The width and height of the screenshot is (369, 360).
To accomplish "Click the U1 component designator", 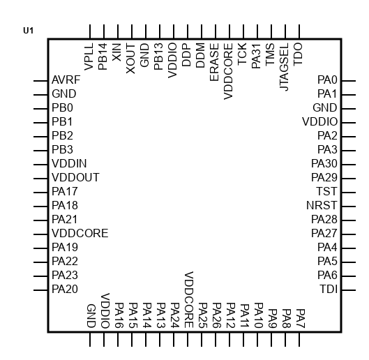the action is (28, 31).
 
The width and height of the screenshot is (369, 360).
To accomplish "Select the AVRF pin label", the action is (66, 80).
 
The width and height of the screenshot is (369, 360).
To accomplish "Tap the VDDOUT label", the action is (75, 177).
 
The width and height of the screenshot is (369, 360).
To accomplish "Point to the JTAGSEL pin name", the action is (285, 67).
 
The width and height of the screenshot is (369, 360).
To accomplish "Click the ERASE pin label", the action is (214, 62).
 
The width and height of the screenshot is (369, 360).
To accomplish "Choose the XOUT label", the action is (130, 59).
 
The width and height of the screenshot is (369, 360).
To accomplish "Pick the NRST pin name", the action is (322, 206).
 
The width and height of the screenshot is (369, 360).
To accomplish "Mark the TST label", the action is (326, 191).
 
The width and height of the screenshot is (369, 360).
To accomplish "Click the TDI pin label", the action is (329, 289).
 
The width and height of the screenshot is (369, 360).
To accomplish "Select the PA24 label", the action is (175, 315).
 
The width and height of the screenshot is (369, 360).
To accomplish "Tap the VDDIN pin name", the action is (69, 164).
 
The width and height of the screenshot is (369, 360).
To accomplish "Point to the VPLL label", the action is (89, 57).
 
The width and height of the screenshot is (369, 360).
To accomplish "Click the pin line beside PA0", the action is (349, 81).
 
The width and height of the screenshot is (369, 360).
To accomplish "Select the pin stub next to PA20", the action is (40, 290).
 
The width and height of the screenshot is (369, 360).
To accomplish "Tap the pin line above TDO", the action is (299, 31).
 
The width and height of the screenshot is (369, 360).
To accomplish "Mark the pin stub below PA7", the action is (299, 339).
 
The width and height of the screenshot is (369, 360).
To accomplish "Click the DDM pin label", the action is (200, 55).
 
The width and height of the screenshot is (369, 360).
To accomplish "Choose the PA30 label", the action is (324, 164).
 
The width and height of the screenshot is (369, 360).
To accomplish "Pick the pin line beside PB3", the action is (40, 151).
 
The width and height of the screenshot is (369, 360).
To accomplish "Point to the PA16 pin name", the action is (119, 315).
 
